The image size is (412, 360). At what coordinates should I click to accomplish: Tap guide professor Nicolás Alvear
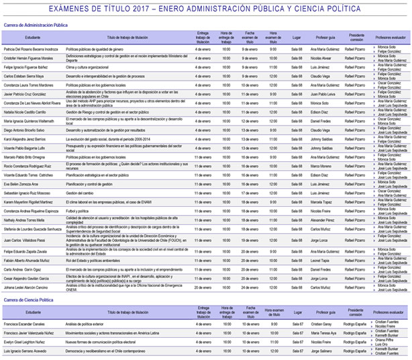pyautogui.click(x=321, y=58)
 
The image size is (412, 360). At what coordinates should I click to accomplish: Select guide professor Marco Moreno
pyautogui.click(x=321, y=165)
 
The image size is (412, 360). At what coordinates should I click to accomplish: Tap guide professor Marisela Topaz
pyautogui.click(x=321, y=201)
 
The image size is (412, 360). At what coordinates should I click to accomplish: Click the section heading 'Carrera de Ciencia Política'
pyautogui.click(x=29, y=300)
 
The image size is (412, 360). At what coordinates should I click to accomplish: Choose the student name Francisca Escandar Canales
pyautogui.click(x=28, y=324)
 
